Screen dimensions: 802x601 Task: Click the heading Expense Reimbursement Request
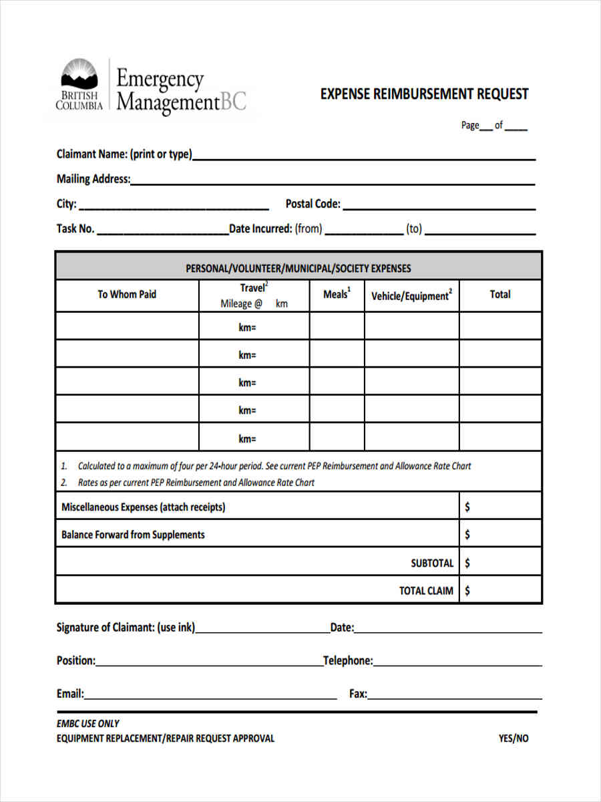pos(424,94)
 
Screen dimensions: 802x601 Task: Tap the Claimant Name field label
pos(124,154)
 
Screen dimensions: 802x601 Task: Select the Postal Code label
pos(313,204)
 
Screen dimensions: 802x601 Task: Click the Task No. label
pos(75,229)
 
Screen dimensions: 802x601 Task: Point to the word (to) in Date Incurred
pos(415,229)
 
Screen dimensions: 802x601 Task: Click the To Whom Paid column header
pos(127,294)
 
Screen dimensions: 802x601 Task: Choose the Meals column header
pos(337,294)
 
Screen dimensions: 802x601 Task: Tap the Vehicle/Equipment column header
pos(411,295)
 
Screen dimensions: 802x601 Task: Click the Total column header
pos(499,294)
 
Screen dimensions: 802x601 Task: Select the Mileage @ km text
pos(254,303)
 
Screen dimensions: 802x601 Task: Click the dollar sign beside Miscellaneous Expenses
pos(467,507)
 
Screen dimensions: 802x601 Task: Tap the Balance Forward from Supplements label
pos(133,535)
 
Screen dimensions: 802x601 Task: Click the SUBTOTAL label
pos(432,563)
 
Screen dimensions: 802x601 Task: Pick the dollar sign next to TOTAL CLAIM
pos(467,591)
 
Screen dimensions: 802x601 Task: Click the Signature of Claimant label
pos(126,628)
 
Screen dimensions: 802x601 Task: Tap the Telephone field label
pos(348,660)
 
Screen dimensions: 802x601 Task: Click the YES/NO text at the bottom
pos(513,739)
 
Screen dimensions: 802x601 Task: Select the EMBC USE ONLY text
pos(88,723)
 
